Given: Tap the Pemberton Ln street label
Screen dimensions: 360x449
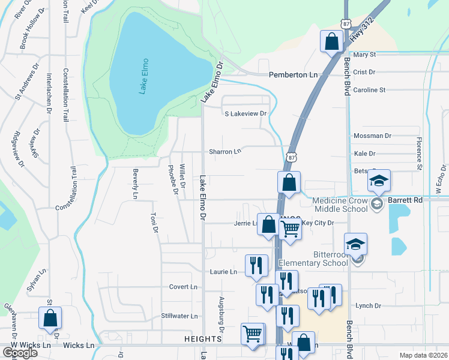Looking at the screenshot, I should click(292, 74).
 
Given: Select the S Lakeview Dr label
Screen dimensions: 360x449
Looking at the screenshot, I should click(245, 113).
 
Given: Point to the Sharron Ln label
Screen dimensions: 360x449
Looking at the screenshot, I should click(224, 152).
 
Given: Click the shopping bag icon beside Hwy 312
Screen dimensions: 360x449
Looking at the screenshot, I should click(331, 42).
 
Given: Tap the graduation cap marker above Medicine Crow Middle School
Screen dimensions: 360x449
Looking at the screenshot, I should click(379, 181).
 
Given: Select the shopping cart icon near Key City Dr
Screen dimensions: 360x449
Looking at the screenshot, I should click(291, 229).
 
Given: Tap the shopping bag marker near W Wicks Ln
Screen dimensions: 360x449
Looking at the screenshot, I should click(50, 319).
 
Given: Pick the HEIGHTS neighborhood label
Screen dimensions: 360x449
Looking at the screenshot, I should click(205, 339).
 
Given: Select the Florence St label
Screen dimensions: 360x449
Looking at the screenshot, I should click(420, 153).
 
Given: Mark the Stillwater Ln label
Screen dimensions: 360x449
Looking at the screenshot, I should click(179, 316).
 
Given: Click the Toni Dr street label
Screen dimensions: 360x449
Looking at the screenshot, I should click(154, 221).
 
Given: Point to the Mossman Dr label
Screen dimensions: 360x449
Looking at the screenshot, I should click(372, 136).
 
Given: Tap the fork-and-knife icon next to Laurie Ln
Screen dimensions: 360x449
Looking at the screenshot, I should click(256, 265).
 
